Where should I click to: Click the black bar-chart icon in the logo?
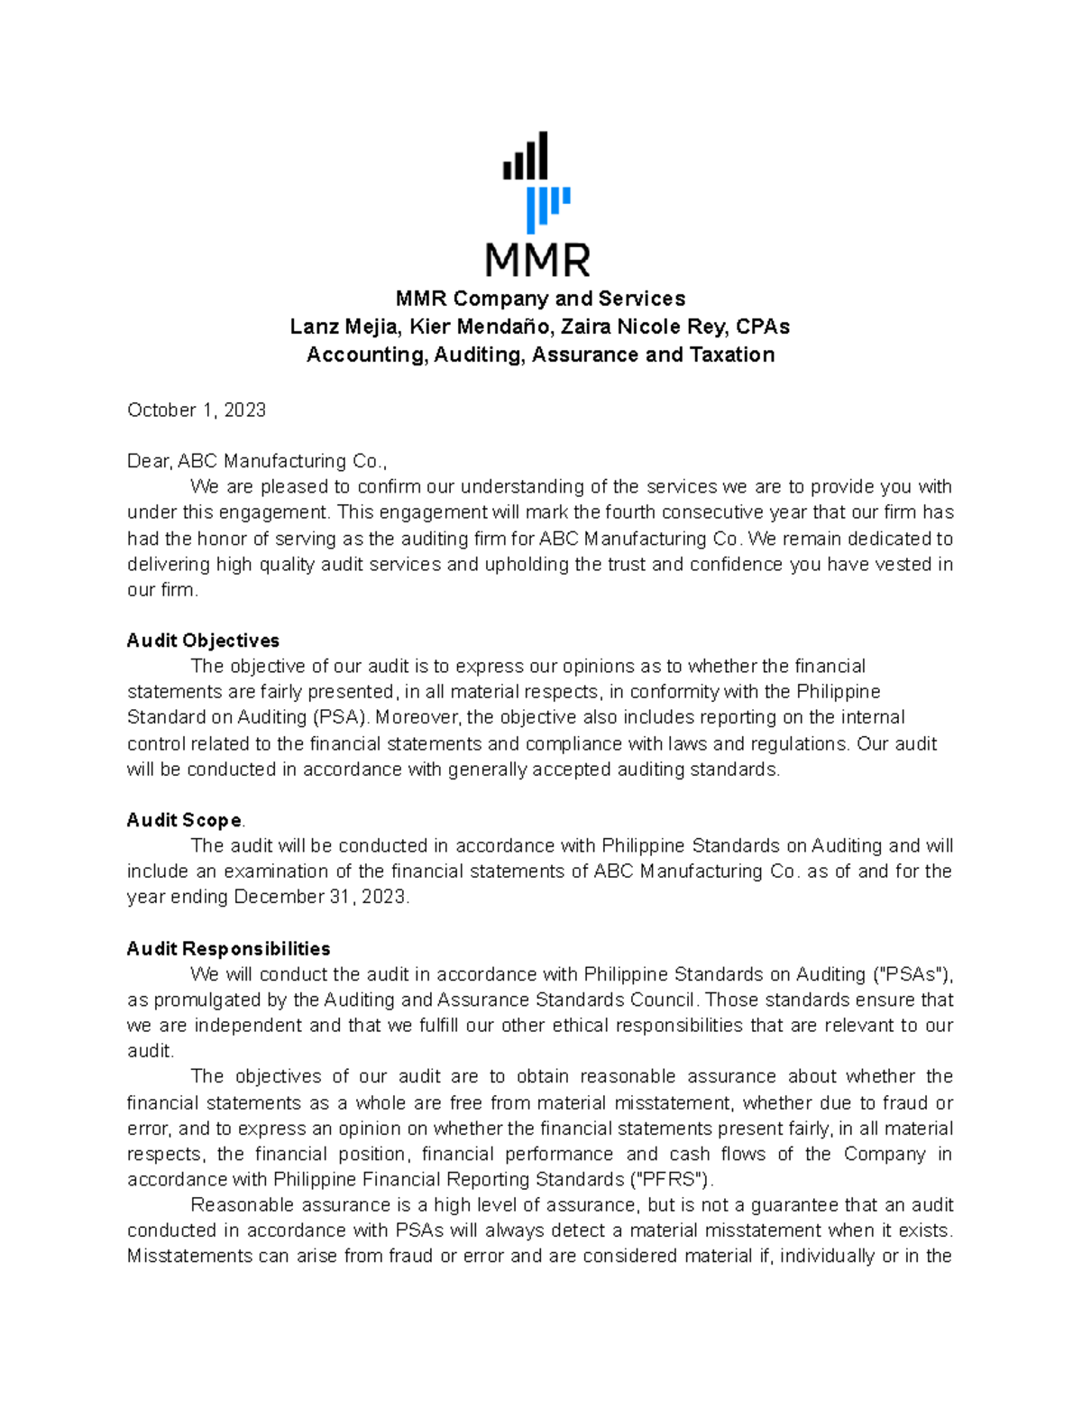526,157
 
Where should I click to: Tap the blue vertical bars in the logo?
546,209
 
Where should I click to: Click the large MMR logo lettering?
538,260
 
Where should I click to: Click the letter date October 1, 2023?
197,410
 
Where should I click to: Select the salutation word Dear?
149,461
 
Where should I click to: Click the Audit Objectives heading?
203,641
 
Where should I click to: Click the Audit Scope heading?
184,820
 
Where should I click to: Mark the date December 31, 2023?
321,897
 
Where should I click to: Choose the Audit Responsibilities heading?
228,949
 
